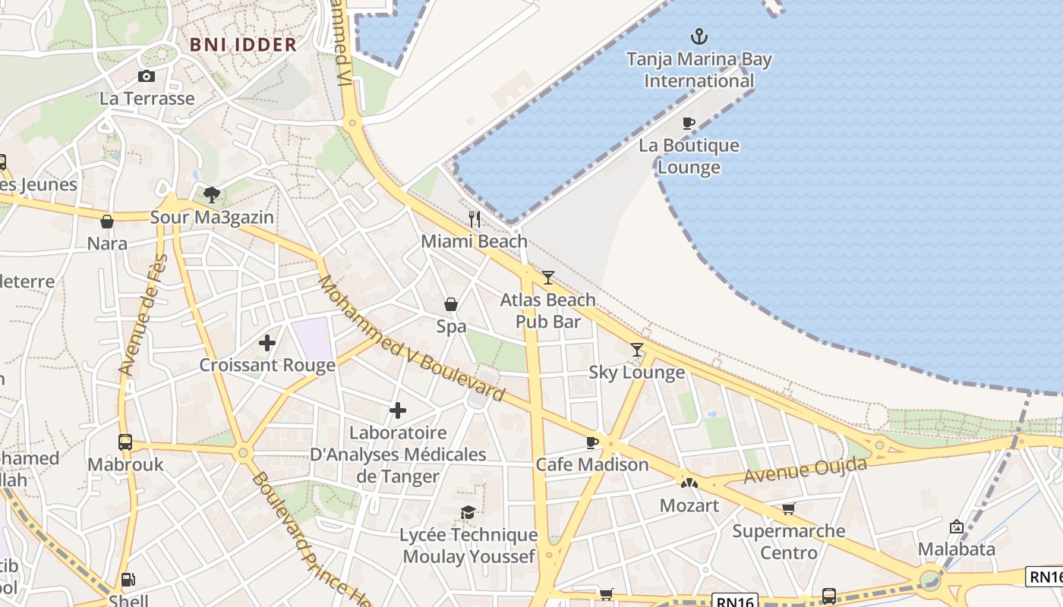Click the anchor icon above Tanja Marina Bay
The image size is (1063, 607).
point(699,36)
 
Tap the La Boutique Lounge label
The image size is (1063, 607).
point(689,156)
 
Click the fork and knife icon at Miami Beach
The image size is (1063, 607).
point(475,219)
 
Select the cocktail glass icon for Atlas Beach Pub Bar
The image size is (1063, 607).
point(548,278)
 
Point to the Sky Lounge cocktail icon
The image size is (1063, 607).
point(637,350)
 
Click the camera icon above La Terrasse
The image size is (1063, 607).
point(147,76)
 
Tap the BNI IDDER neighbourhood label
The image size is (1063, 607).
point(243,44)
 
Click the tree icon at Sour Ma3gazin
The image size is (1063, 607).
point(212,195)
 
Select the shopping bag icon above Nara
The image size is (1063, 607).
point(107,222)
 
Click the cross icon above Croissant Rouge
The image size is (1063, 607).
point(267,343)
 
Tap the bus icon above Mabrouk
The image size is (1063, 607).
point(125,442)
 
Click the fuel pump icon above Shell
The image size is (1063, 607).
point(128,580)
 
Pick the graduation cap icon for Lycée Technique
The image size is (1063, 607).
point(468,512)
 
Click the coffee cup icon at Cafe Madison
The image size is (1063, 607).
point(592,442)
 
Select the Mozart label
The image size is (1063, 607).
point(689,505)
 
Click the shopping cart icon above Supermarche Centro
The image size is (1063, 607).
point(789,508)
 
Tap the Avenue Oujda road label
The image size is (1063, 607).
point(805,470)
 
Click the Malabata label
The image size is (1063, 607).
point(956,549)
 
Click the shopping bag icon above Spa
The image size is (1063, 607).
point(451,304)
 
